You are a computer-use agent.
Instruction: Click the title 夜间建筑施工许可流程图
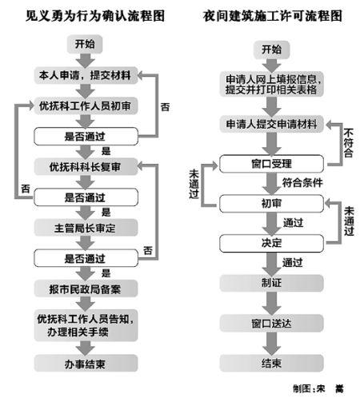pyautogui.click(x=272, y=14)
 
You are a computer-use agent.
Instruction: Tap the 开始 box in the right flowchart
pyautogui.click(x=271, y=50)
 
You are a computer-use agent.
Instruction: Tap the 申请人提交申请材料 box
pyautogui.click(x=271, y=124)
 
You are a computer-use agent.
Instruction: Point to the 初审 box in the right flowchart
pyautogui.click(x=271, y=203)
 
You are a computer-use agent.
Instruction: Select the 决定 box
pyautogui.click(x=271, y=242)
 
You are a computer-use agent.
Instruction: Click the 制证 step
pyautogui.click(x=271, y=282)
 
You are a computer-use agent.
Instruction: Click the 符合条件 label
pyautogui.click(x=302, y=183)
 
